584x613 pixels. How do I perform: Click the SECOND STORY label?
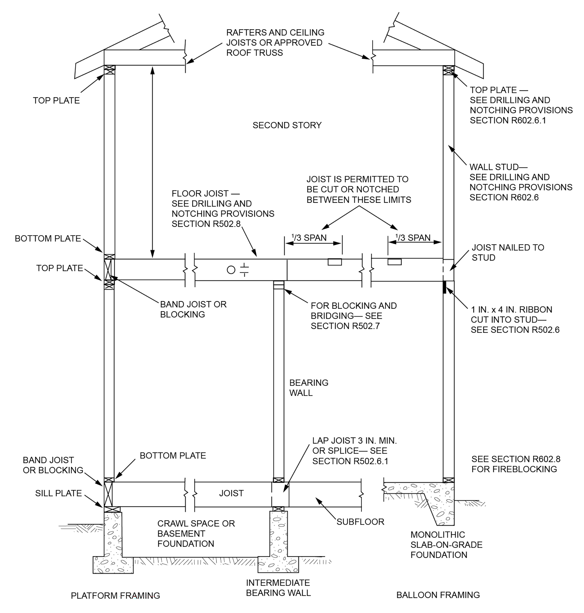(287, 125)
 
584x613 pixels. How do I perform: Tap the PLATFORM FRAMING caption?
(115, 595)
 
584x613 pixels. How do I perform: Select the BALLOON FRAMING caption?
(438, 595)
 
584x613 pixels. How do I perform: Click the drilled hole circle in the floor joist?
(231, 270)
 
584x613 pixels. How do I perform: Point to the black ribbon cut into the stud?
(445, 287)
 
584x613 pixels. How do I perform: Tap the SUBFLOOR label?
(360, 522)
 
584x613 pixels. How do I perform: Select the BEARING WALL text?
(308, 387)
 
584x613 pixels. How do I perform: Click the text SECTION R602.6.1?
(508, 120)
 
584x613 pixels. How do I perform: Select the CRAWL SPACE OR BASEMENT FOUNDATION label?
(195, 534)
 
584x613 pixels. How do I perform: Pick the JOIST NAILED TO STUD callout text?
(507, 252)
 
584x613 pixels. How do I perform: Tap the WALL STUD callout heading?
(498, 167)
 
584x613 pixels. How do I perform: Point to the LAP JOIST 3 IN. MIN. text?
(354, 440)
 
